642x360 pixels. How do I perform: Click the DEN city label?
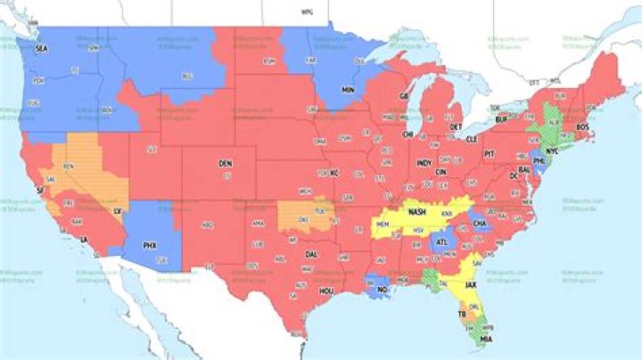coord(225,164)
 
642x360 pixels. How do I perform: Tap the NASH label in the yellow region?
coord(415,213)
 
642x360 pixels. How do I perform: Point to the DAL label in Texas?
coord(311,254)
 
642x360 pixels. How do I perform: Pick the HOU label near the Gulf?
coord(326,290)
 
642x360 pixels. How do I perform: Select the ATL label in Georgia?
coord(441,241)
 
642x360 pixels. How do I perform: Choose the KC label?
coord(334,172)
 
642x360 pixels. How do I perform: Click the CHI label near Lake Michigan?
coord(408,134)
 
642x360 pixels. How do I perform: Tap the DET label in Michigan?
coord(457,127)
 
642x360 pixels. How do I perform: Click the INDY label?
coord(424,164)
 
